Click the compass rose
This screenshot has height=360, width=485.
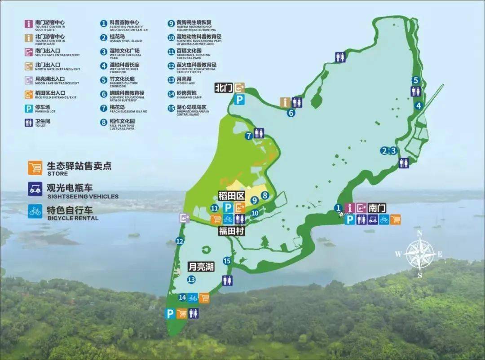tap(419, 254)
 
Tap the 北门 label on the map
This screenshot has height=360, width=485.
tap(224, 87)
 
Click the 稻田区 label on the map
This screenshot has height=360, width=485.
tap(230, 196)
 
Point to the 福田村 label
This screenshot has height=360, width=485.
tap(231, 231)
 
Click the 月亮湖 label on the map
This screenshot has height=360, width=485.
tap(200, 267)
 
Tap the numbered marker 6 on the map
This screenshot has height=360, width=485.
tap(291, 113)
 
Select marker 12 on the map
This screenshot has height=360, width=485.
tap(180, 241)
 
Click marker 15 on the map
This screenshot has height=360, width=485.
tap(227, 261)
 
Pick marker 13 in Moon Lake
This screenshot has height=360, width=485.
tap(192, 280)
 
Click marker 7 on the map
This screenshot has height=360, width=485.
tap(248, 136)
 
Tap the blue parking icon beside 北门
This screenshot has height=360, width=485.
tap(240, 100)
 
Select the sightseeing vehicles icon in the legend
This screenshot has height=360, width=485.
tap(35, 189)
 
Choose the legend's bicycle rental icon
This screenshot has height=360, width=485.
tap(35, 211)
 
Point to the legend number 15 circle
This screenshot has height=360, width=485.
tap(171, 108)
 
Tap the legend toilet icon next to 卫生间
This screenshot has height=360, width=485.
tap(29, 122)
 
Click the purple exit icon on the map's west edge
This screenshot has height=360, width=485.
tap(184, 218)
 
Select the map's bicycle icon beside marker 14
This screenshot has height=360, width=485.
tap(193, 298)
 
